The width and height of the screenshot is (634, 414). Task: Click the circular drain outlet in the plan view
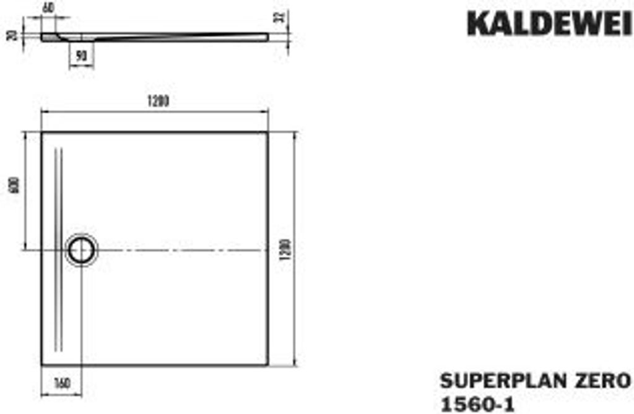81,250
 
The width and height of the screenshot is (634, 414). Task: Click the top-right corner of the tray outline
268,132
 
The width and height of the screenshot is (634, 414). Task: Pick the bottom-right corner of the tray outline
268,365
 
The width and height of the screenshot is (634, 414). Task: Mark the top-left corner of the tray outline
41,132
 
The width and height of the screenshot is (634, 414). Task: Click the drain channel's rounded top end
58,149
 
